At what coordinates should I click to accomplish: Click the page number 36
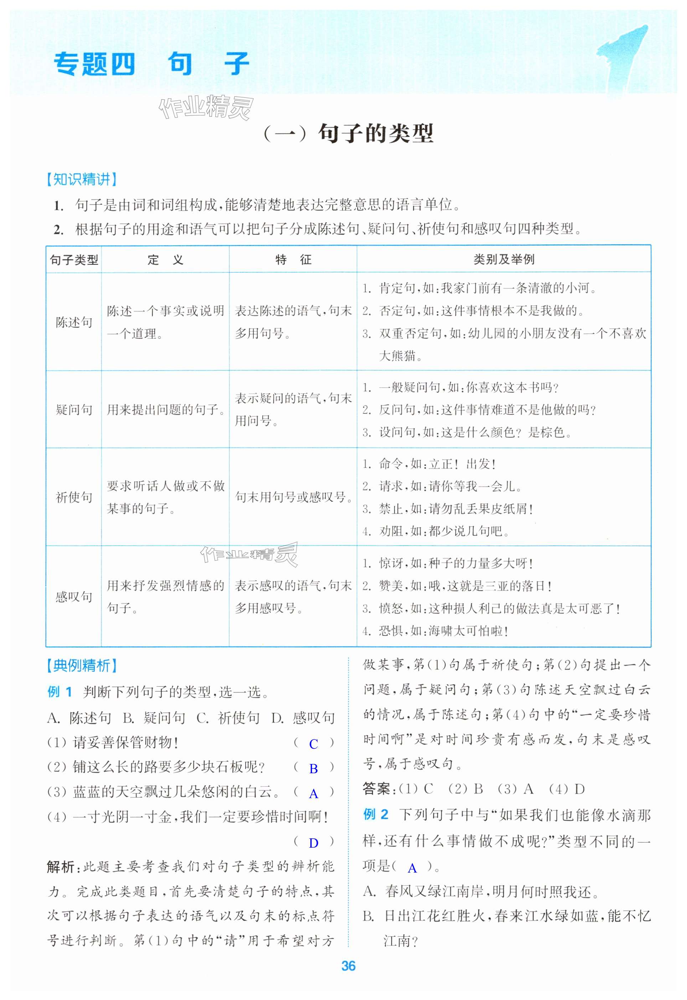click(x=348, y=966)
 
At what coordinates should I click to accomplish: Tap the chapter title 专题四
click(x=94, y=64)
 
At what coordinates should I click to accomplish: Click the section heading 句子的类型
click(x=375, y=134)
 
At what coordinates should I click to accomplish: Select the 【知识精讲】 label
click(x=81, y=179)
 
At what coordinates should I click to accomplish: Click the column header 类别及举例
click(x=503, y=260)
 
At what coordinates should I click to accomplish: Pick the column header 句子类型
click(x=74, y=260)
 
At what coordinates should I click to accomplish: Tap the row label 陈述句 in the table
click(x=74, y=322)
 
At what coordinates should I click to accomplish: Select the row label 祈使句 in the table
click(x=74, y=497)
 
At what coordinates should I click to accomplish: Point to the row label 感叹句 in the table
click(x=74, y=596)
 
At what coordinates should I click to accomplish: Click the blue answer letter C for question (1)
click(x=314, y=744)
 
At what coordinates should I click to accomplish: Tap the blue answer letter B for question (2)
click(x=314, y=769)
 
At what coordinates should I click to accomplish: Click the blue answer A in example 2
click(x=412, y=868)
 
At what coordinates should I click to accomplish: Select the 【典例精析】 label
click(x=81, y=666)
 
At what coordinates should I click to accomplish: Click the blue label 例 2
click(x=376, y=815)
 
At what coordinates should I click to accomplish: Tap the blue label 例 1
click(x=60, y=692)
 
